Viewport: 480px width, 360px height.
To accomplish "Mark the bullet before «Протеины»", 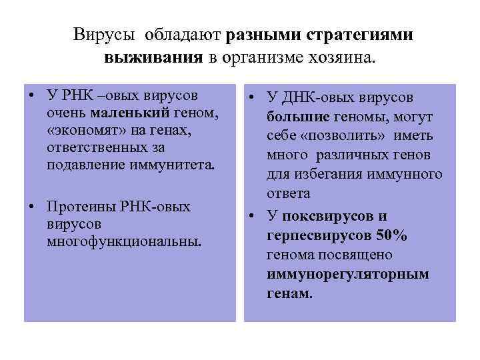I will [x=32, y=207].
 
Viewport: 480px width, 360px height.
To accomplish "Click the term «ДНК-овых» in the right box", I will [x=310, y=99].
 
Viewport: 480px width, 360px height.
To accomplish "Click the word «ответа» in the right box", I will [x=289, y=193].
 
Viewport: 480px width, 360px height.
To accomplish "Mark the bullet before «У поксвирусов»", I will [x=253, y=216].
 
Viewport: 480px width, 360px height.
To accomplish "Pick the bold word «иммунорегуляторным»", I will [x=347, y=274].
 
